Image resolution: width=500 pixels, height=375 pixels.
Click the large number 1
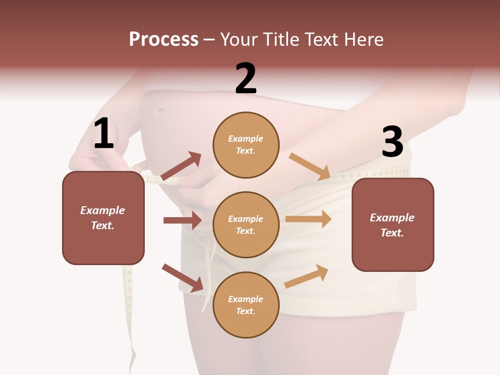pyautogui.click(x=103, y=134)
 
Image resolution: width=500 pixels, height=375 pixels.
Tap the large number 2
pyautogui.click(x=246, y=79)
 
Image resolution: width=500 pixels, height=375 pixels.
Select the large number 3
pyautogui.click(x=392, y=142)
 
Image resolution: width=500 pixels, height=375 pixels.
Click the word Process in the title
pyautogui.click(x=164, y=39)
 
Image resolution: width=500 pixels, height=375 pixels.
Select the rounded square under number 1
pyautogui.click(x=103, y=218)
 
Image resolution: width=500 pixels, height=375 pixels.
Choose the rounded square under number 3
pyautogui.click(x=393, y=224)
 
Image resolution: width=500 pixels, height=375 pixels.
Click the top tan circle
pyautogui.click(x=246, y=145)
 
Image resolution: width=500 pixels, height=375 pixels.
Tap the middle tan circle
pyautogui.click(x=246, y=224)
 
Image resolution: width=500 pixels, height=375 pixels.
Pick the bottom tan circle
pyautogui.click(x=246, y=305)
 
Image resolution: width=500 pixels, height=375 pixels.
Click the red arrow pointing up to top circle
pyautogui.click(x=181, y=166)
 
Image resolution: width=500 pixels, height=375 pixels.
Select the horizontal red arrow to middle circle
pyautogui.click(x=182, y=220)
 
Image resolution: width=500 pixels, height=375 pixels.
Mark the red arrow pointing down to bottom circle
pyautogui.click(x=183, y=278)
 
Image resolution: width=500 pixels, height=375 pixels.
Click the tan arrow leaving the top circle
pyautogui.click(x=310, y=166)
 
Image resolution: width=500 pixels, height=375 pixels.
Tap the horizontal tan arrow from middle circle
pyautogui.click(x=308, y=219)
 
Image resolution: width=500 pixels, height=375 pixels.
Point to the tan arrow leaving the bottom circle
pyautogui.click(x=307, y=276)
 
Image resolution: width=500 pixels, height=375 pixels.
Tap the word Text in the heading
pyautogui.click(x=323, y=39)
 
